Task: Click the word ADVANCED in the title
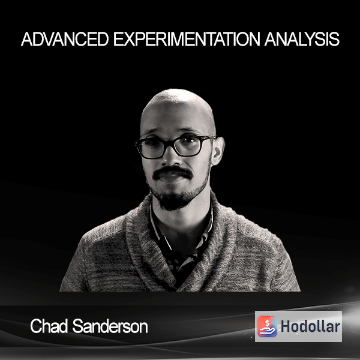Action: [65, 39]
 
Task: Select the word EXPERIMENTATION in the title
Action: [187, 39]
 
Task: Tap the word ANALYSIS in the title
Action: [302, 39]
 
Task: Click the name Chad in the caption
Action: [49, 326]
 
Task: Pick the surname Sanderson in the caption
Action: [110, 326]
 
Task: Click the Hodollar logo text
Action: [310, 326]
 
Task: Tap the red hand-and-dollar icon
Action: [267, 326]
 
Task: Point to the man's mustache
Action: [173, 172]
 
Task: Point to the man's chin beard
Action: [175, 199]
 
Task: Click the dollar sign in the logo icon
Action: [267, 323]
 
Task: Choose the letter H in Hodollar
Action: [286, 326]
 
